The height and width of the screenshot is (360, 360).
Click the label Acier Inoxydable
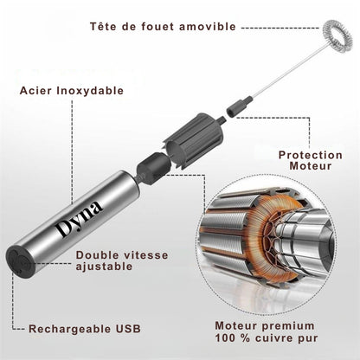point(72,91)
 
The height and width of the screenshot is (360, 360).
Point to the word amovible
point(208,27)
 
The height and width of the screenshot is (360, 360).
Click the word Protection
point(311,155)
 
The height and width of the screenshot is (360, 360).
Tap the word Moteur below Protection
point(311,166)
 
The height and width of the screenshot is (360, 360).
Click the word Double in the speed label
point(97,255)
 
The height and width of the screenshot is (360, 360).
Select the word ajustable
point(104,267)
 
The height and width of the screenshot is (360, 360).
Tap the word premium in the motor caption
point(288,326)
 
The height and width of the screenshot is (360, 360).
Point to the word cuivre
point(273,338)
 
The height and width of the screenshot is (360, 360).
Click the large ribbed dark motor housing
point(194,136)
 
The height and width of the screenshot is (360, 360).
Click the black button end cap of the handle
point(21,260)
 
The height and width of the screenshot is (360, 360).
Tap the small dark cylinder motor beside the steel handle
point(151,167)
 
